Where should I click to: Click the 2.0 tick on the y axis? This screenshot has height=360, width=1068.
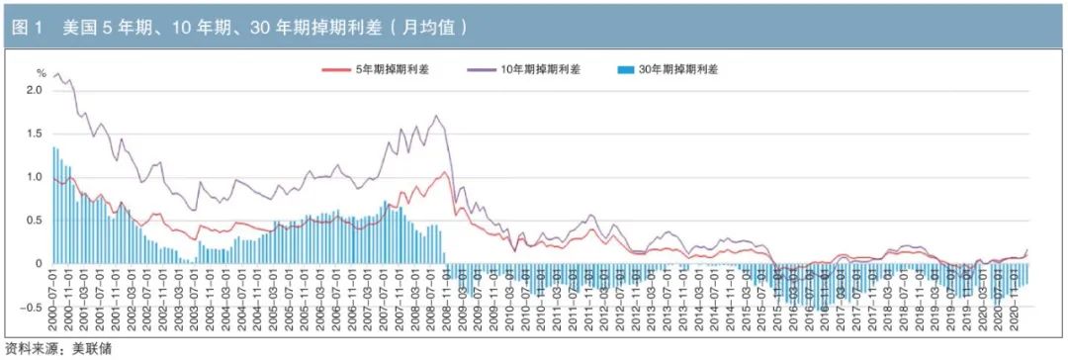coord(34,90)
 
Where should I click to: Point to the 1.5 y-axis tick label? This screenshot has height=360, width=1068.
coord(34,134)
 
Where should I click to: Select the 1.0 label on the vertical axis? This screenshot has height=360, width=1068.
coord(34,177)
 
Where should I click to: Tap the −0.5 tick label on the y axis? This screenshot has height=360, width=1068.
coord(32,308)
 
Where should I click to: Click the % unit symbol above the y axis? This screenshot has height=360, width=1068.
coord(41,72)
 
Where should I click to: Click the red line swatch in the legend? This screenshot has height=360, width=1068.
coord(337,69)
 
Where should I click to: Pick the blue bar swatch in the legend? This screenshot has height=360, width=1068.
coord(623,69)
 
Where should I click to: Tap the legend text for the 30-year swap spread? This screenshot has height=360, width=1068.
coord(678,69)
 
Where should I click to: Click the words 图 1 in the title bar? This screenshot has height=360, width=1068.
coord(26,28)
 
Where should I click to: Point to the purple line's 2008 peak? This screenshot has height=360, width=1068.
coord(437,117)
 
